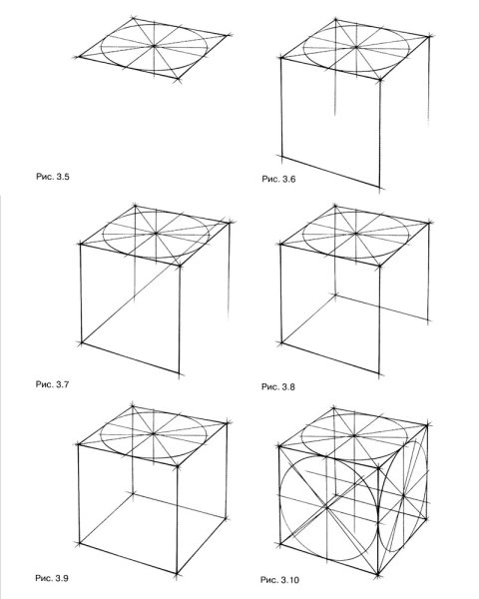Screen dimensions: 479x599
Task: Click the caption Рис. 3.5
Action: click(53, 177)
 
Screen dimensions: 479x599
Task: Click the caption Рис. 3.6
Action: click(278, 179)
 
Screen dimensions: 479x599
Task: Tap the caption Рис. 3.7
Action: click(52, 384)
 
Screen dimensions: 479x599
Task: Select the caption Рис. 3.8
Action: click(278, 386)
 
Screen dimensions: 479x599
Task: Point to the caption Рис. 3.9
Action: click(52, 578)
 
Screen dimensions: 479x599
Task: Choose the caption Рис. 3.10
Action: click(280, 580)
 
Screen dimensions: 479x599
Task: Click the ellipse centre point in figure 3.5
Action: click(154, 46)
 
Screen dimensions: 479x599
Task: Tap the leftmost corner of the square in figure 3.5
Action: click(79, 57)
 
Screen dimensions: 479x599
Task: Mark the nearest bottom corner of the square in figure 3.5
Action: click(178, 80)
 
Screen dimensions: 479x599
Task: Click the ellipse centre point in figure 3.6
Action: click(356, 47)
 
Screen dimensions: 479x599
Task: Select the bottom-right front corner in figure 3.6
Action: click(379, 188)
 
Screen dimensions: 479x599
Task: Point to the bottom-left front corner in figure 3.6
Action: click(281, 157)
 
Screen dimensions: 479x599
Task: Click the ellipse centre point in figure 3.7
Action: click(156, 233)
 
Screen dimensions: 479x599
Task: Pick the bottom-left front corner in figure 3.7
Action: click(82, 343)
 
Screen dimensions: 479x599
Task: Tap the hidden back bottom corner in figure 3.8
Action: click(335, 295)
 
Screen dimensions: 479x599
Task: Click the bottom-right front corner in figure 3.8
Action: click(379, 373)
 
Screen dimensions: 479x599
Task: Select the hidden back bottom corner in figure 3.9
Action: click(133, 494)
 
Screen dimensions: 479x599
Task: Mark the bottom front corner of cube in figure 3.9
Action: click(177, 573)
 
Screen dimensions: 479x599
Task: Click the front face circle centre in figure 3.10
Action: click(327, 507)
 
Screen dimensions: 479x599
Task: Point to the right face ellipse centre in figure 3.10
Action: click(403, 495)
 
